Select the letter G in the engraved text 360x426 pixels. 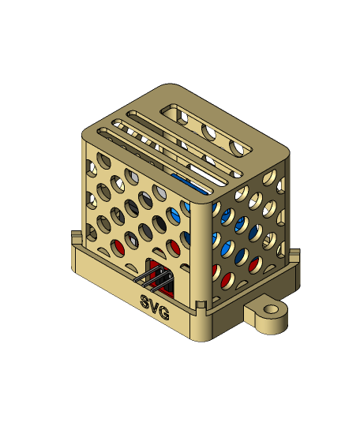tap(164, 313)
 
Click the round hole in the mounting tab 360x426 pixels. tap(272, 309)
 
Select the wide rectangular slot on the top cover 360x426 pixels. tap(206, 131)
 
